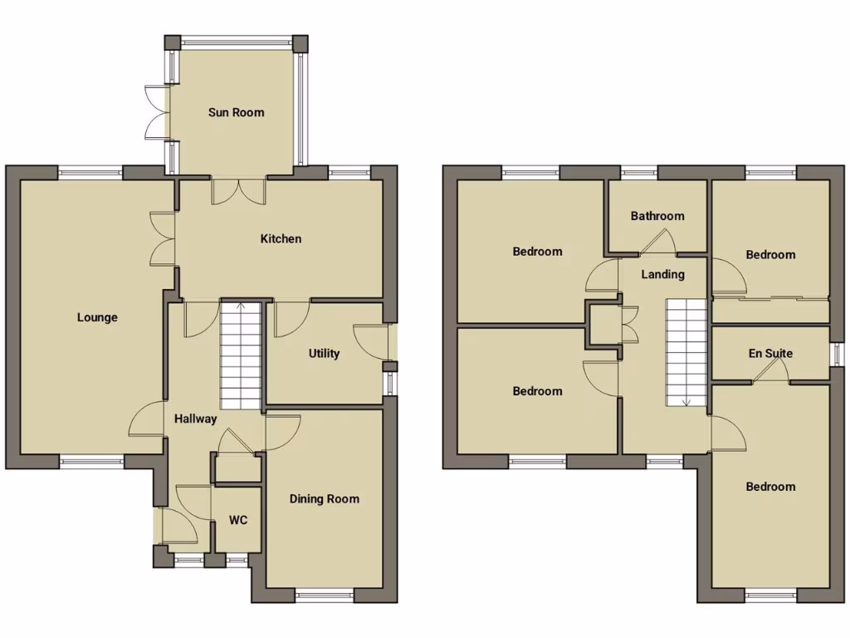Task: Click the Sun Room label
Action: tap(236, 112)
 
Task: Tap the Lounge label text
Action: tap(97, 317)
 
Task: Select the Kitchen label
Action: tap(281, 239)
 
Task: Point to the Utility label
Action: tap(324, 354)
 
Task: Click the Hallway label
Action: tap(195, 419)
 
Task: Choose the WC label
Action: tap(238, 521)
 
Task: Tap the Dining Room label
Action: tap(324, 499)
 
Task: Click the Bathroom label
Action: tap(657, 216)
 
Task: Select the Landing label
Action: tap(662, 274)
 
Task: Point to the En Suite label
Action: tap(770, 354)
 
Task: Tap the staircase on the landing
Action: tap(686, 353)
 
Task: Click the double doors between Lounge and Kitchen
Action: tap(162, 239)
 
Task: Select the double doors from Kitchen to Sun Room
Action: tap(238, 190)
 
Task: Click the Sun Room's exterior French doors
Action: tap(157, 111)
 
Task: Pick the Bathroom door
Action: tap(657, 242)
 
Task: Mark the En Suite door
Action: tap(769, 371)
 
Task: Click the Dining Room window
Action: tap(324, 594)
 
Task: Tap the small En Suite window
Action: tap(838, 354)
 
